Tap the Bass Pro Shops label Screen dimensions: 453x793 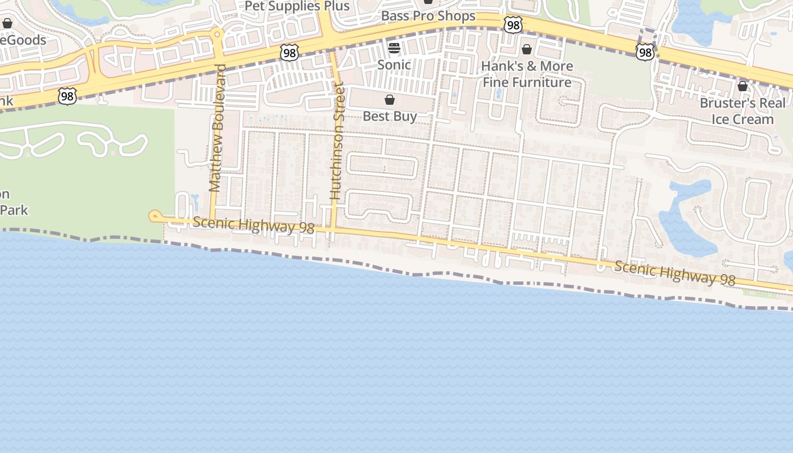point(428,16)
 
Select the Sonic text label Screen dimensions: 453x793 point(394,65)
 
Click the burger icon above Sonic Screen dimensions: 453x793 point(394,48)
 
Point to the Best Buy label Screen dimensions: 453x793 point(390,116)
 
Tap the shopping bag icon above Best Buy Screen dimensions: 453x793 point(390,100)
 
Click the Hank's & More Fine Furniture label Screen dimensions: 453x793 point(527,74)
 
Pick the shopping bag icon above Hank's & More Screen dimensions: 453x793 point(527,49)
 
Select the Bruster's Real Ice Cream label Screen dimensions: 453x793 point(743,111)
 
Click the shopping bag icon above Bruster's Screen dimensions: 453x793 point(743,86)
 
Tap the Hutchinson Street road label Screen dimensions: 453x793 point(337,141)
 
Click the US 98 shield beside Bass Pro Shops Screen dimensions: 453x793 point(513,24)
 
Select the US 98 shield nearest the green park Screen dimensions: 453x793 point(67,96)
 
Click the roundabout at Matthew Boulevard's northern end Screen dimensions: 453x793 point(218,35)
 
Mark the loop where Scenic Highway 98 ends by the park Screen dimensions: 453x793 point(154,216)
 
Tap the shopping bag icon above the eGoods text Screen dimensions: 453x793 point(7,23)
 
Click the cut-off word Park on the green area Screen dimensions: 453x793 point(14,210)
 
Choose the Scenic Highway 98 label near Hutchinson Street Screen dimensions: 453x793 point(253,224)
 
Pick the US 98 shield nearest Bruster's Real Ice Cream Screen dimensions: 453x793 point(645,53)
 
